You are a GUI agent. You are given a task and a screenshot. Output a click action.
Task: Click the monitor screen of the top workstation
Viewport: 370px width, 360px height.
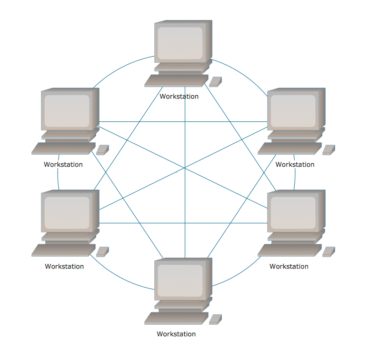coord(180,43)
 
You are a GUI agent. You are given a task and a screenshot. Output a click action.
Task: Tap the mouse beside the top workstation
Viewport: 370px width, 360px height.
coord(215,82)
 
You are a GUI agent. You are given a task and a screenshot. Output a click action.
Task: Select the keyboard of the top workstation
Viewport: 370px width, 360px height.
coord(177,80)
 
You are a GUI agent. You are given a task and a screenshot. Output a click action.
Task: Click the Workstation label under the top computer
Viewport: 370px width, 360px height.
coord(179,97)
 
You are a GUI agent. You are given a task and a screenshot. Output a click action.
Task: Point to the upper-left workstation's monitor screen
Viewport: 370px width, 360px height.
coord(67,111)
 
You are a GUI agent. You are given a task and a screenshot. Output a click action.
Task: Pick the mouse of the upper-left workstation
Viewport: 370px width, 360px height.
coord(102,150)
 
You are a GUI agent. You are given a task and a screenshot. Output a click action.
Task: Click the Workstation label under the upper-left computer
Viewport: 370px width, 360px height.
coord(63,165)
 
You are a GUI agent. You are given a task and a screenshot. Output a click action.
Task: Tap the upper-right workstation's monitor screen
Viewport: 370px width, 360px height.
coord(293,111)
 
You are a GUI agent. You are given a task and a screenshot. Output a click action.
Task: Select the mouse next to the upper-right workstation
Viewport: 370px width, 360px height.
coord(329,150)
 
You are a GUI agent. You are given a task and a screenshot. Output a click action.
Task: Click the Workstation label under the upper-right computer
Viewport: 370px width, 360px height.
coord(295,165)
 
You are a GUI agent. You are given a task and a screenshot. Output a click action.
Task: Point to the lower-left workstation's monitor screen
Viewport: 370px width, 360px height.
coord(67,213)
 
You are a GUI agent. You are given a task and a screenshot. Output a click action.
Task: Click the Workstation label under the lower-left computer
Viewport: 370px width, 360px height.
coord(64,267)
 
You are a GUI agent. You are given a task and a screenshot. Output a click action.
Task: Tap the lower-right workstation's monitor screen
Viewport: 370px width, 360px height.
coord(293,213)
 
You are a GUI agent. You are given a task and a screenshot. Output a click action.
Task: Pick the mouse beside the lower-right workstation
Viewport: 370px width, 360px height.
coord(329,252)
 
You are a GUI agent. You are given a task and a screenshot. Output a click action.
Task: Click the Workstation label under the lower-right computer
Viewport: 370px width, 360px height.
coord(289,267)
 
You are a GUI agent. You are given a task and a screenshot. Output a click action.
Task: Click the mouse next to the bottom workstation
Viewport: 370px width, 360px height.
coord(215,320)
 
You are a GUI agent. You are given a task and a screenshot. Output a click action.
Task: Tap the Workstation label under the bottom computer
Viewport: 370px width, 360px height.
coord(176,334)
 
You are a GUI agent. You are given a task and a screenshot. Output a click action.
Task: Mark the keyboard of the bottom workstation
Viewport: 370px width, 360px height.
coord(177,318)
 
